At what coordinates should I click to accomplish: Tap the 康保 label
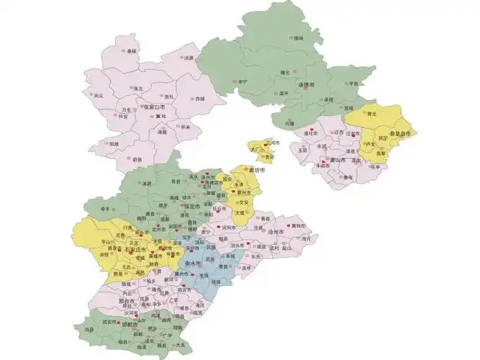click(x=132, y=51)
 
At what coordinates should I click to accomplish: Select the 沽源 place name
click(x=189, y=58)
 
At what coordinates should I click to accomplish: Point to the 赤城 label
click(x=199, y=99)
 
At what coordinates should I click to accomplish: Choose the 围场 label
click(x=299, y=38)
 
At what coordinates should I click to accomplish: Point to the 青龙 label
click(x=372, y=114)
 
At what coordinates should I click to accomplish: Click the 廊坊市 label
click(x=256, y=171)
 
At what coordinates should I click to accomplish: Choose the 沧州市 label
click(x=276, y=233)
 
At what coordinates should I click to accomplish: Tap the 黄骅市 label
click(x=299, y=226)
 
